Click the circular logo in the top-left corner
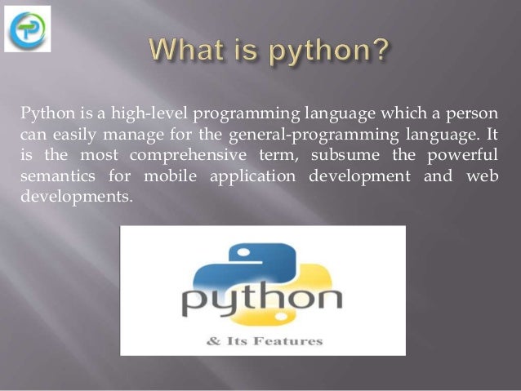point(27,29)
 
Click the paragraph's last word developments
point(73,197)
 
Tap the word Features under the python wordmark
point(294,340)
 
